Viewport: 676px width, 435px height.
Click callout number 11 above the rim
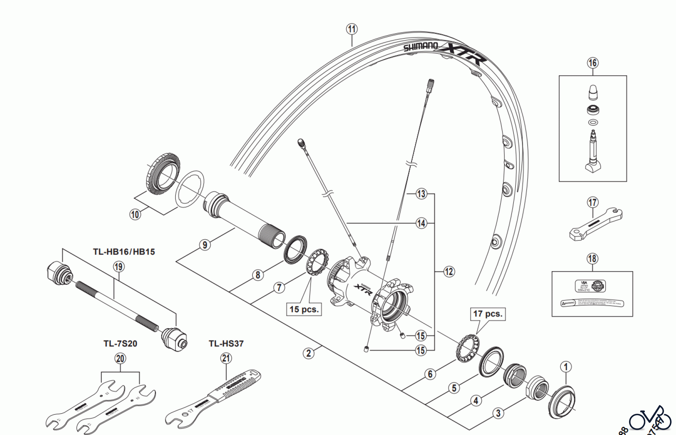click(x=352, y=29)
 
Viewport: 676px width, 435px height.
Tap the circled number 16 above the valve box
click(x=593, y=63)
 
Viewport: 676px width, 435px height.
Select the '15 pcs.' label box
click(x=304, y=309)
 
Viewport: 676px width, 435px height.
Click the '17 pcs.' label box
click(x=487, y=313)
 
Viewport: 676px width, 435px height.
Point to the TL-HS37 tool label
click(x=226, y=343)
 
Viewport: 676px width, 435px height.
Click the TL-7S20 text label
click(x=120, y=343)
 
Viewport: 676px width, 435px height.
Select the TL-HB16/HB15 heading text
click(x=124, y=252)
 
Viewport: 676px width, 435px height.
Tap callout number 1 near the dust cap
click(x=566, y=367)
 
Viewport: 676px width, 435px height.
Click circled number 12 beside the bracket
click(x=449, y=271)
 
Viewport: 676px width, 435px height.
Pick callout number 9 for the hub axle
click(x=205, y=245)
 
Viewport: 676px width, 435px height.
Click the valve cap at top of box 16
click(x=593, y=92)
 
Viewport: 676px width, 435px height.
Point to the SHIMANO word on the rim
click(x=421, y=46)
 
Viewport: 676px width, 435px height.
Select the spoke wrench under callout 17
click(x=596, y=224)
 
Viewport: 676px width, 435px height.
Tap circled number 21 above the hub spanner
click(x=226, y=358)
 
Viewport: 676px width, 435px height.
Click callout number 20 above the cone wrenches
click(x=120, y=358)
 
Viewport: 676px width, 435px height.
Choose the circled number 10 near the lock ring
click(x=135, y=214)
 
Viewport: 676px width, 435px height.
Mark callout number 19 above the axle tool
click(x=119, y=267)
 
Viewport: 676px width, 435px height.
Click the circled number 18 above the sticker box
click(x=592, y=258)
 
